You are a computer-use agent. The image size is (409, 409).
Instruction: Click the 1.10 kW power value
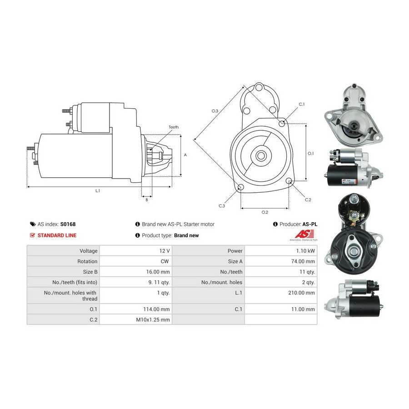[305, 251]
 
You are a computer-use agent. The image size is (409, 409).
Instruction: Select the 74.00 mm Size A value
[303, 261]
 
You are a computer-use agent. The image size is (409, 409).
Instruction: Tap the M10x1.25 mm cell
[153, 320]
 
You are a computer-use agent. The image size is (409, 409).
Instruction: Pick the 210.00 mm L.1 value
[302, 293]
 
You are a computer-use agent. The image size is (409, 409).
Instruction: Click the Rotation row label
[87, 261]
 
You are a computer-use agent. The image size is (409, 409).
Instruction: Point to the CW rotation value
[165, 261]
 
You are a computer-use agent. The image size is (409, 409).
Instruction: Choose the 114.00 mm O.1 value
[156, 309]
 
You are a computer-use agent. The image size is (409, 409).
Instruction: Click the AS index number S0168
[68, 224]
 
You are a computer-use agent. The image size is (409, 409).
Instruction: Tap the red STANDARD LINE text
[57, 235]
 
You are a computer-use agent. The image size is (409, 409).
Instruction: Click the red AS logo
[304, 234]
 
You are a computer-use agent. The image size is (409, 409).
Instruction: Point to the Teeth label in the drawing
[174, 127]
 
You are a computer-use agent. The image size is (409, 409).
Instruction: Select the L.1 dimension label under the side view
[98, 191]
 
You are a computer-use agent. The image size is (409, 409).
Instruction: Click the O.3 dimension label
[214, 111]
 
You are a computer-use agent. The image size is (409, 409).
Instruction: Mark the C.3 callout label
[222, 206]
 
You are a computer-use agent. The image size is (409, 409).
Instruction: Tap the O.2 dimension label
[265, 212]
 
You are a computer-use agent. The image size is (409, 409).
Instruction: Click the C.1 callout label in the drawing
[302, 104]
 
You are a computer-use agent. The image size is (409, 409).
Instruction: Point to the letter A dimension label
[185, 155]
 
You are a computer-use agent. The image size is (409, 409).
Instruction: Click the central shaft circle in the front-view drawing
[260, 156]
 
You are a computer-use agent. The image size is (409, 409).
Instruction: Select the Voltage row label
[89, 251]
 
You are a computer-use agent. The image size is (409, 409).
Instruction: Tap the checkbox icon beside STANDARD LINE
[32, 235]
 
